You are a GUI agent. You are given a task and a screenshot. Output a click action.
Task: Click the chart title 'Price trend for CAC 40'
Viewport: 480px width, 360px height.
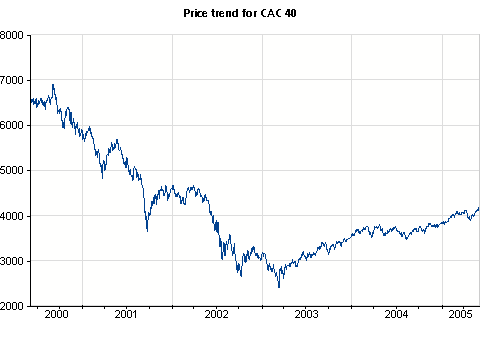coord(241,15)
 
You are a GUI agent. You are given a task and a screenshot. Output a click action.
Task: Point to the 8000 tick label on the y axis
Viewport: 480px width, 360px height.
coord(12,35)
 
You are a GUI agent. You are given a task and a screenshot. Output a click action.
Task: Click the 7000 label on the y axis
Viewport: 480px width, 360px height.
coord(12,80)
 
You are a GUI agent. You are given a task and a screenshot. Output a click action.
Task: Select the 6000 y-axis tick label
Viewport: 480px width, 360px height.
coord(12,125)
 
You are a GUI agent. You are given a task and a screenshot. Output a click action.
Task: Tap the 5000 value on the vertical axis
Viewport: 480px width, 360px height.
coord(12,171)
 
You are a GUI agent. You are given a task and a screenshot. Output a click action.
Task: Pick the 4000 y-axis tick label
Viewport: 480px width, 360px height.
coord(12,216)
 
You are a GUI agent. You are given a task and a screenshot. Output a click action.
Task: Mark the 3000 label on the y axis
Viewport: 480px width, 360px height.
coord(12,261)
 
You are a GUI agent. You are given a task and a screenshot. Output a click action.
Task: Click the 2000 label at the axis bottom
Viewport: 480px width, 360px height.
coord(12,306)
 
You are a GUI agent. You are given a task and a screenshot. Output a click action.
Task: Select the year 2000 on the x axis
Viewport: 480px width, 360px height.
coord(57,314)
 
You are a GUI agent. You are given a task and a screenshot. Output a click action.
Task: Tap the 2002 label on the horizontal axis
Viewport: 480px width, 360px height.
coord(217,314)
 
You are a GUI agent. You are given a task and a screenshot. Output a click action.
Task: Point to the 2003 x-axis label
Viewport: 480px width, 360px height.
coord(307,314)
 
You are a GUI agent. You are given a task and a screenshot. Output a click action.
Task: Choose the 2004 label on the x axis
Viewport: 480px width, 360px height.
coord(397,314)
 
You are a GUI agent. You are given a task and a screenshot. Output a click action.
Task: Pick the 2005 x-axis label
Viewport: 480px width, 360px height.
coord(460,314)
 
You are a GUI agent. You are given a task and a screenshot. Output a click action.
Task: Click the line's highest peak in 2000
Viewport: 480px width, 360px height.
coord(53,84)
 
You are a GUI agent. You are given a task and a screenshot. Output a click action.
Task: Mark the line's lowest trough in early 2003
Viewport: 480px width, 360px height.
coord(279,287)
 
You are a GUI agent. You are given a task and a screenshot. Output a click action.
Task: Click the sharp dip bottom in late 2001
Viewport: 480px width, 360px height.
coord(147,231)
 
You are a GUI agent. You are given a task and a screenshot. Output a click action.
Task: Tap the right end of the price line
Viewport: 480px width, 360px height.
coord(479,207)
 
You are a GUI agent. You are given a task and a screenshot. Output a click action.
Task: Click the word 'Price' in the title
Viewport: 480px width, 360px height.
coord(198,15)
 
